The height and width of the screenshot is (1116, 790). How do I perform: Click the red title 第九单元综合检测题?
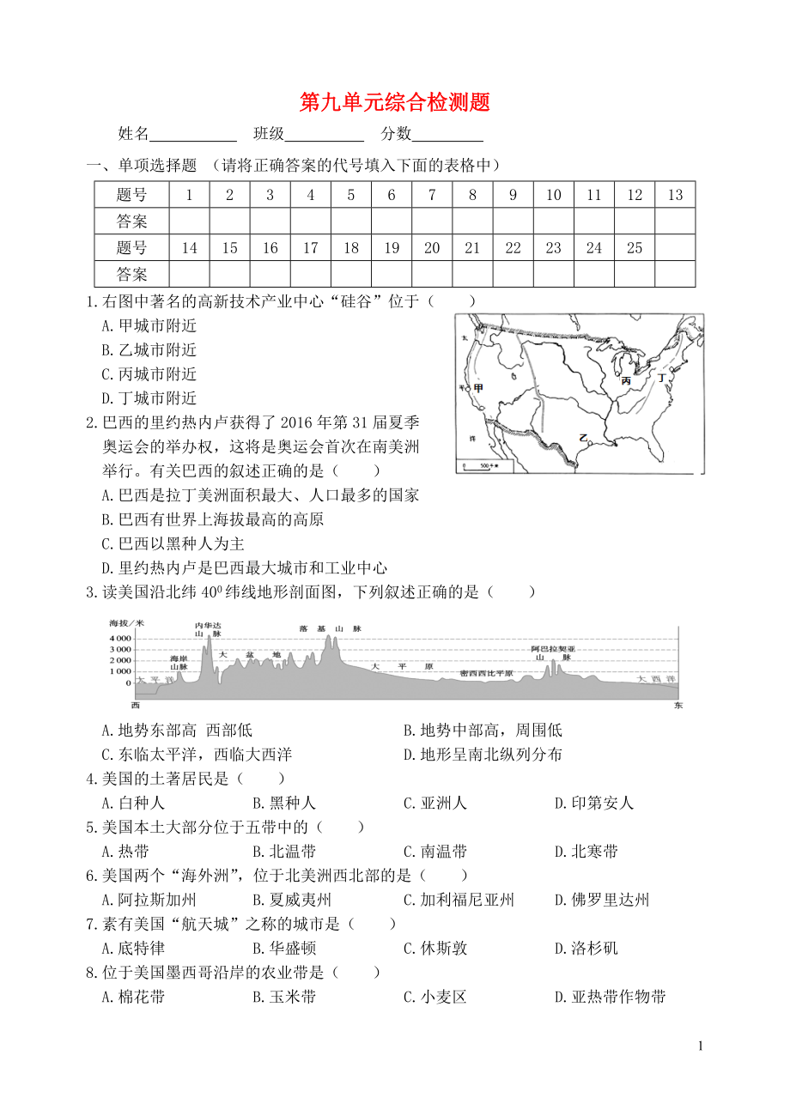(x=394, y=103)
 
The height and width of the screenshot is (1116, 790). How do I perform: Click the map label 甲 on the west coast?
(x=478, y=389)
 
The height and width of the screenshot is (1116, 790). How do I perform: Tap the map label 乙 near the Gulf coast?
(x=583, y=438)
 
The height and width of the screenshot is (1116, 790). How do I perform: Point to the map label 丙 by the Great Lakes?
(x=626, y=380)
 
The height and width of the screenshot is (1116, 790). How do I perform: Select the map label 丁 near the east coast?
(x=661, y=378)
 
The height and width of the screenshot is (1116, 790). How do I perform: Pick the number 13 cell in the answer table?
(x=675, y=195)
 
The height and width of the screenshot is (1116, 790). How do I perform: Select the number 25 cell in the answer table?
(x=635, y=248)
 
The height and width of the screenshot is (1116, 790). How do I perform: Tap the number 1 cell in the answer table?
(x=189, y=195)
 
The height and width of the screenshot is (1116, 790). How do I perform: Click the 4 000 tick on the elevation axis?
(x=120, y=639)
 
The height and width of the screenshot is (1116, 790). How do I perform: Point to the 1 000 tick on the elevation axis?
(x=120, y=672)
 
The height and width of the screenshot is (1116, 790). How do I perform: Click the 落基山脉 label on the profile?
(x=331, y=628)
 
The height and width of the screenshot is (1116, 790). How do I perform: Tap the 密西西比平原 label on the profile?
(x=486, y=673)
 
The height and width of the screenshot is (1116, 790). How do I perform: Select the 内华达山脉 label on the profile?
(x=208, y=628)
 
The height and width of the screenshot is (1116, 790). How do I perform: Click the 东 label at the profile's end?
(x=678, y=705)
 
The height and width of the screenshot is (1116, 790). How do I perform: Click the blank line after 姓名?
(x=193, y=135)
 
